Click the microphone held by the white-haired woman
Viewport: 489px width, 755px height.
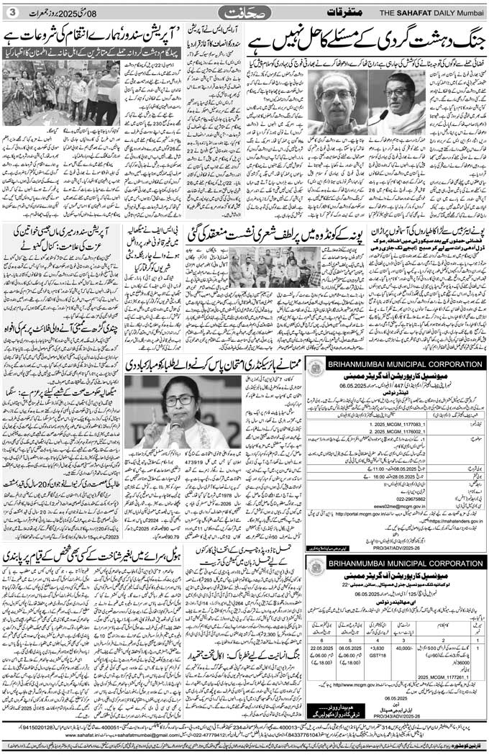pos(175,425)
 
